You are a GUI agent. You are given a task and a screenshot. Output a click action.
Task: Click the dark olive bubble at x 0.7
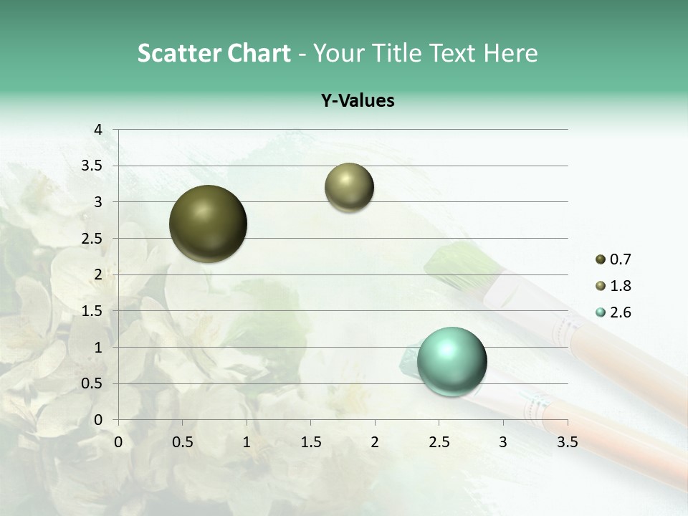[208, 224]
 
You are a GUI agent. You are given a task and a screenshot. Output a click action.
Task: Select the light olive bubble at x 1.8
[349, 187]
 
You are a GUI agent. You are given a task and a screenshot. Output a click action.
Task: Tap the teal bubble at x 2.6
[451, 361]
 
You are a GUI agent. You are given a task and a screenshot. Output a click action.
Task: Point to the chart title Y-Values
[357, 100]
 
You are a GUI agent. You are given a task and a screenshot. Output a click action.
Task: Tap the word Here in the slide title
[510, 53]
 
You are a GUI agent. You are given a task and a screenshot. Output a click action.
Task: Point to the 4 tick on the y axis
[99, 130]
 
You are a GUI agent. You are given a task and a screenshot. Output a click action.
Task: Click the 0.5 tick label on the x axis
[182, 442]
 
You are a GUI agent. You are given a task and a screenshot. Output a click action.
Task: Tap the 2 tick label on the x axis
[375, 442]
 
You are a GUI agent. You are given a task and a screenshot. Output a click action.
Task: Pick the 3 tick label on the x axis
[503, 442]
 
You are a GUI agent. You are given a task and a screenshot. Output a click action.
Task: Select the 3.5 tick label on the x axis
[567, 442]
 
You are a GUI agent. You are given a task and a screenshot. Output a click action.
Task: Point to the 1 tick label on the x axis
[247, 442]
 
